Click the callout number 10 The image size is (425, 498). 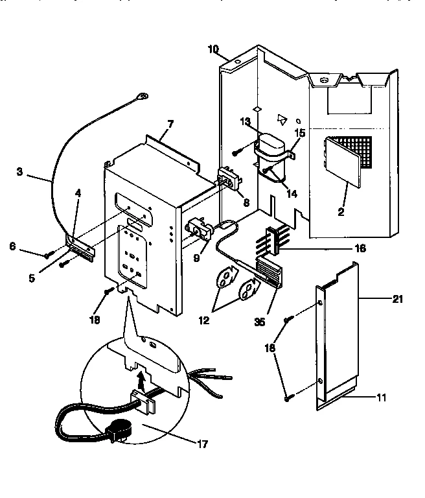[214, 49]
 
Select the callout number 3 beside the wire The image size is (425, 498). [19, 172]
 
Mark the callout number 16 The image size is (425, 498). [360, 248]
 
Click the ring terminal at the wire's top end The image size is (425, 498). [141, 99]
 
